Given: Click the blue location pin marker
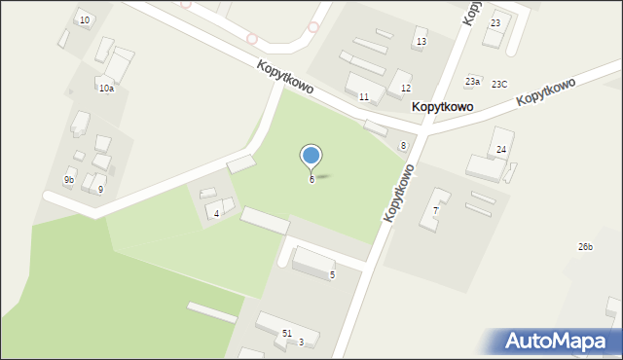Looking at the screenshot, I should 311,156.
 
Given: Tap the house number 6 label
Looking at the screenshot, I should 311,180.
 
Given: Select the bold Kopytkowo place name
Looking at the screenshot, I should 442,107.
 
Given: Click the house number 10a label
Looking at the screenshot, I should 106,89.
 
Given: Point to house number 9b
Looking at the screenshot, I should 69,180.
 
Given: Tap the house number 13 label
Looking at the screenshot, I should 421,42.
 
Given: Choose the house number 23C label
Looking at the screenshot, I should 499,85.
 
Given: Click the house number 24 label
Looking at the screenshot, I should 501,150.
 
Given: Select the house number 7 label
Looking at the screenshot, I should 435,210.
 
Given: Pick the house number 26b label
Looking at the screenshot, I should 585,247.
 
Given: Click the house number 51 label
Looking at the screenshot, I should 286,334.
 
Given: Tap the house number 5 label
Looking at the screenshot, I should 332,275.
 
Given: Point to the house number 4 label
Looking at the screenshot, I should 217,213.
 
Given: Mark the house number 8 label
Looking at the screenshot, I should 403,146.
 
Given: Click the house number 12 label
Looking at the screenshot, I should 405,89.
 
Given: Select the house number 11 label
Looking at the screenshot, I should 363,97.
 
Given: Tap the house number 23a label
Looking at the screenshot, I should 472,82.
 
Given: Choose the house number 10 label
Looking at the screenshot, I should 85,20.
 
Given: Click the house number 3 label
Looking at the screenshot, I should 301,342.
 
